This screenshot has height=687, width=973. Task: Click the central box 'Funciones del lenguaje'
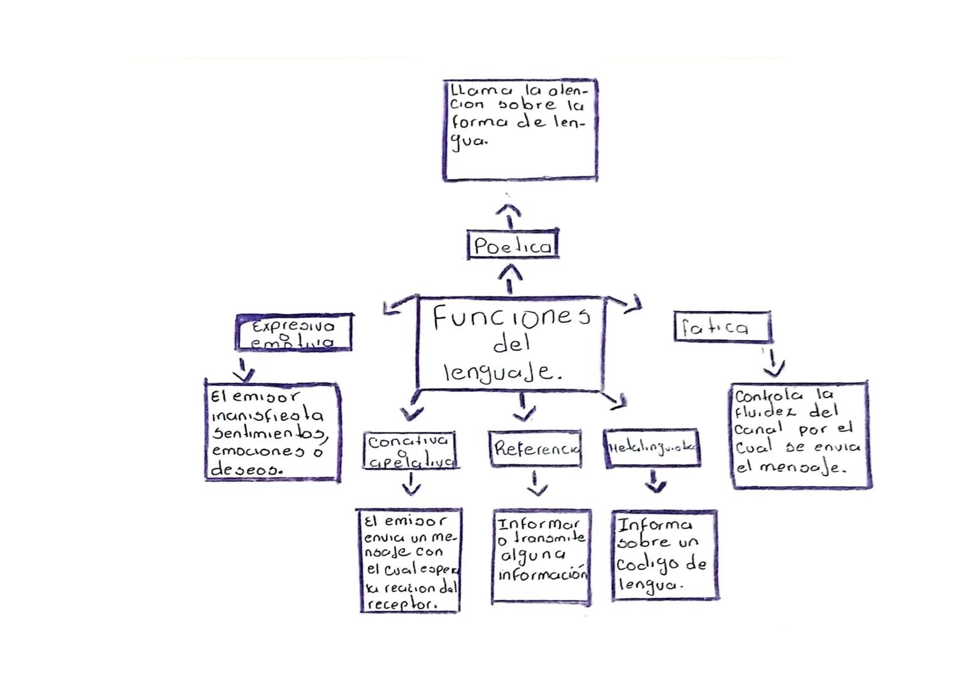[510, 343]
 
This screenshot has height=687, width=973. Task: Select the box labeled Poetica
[513, 246]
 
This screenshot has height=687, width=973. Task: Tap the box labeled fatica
[722, 328]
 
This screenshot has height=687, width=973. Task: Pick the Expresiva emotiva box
[294, 332]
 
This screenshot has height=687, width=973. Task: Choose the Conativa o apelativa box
[411, 451]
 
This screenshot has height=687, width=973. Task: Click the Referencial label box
[536, 449]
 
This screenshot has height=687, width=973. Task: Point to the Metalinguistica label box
[652, 448]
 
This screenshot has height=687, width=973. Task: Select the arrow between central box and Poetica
[509, 279]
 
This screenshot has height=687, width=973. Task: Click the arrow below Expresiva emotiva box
[243, 368]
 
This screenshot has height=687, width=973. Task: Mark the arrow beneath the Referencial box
[537, 483]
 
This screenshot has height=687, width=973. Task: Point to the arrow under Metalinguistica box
[655, 482]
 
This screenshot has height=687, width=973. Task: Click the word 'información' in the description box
[541, 575]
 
